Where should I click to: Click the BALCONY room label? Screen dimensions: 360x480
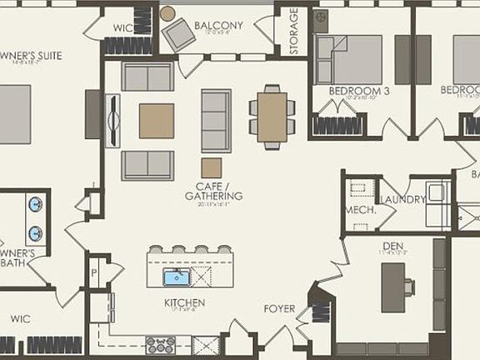(x=218, y=25)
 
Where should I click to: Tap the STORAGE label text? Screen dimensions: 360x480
(x=293, y=32)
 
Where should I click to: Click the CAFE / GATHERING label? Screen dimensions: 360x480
(x=214, y=191)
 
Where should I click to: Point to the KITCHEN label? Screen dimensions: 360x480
(x=185, y=302)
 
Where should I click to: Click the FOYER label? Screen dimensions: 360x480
(x=279, y=309)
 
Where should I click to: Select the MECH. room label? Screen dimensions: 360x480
(x=359, y=211)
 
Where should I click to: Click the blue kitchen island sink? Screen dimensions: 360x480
(x=177, y=277)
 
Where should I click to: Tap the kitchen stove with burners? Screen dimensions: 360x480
(x=159, y=344)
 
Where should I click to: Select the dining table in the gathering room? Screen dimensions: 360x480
(x=272, y=115)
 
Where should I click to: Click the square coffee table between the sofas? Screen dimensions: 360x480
(x=157, y=121)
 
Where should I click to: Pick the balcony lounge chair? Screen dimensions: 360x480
(x=178, y=35)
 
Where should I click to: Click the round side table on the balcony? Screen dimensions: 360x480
(x=167, y=13)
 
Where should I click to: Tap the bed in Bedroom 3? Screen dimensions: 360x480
(x=353, y=60)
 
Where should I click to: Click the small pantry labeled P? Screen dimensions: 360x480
(x=96, y=273)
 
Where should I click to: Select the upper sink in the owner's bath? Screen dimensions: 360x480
(x=35, y=205)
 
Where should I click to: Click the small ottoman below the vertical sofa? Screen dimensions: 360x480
(x=212, y=167)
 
